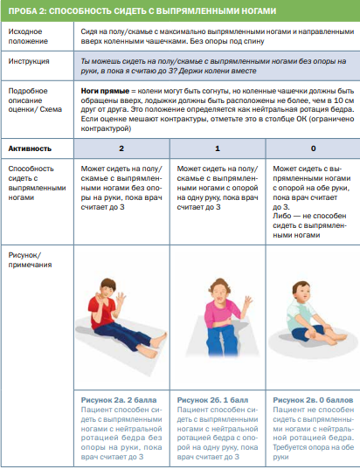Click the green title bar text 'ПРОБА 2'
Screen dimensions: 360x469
pos(26,11)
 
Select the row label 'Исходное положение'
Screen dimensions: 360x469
pos(28,36)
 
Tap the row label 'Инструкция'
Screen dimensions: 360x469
pos(29,61)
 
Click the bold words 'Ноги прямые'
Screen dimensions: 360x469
pos(105,91)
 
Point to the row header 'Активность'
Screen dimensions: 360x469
pos(30,148)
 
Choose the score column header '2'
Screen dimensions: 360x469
pos(121,148)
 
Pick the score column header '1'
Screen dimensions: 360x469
pos(218,148)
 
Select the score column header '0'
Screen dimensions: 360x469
pos(313,148)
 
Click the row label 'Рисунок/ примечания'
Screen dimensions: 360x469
pos(30,260)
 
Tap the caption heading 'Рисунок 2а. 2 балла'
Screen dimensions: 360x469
pos(119,400)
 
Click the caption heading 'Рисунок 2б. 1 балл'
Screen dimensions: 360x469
pos(212,400)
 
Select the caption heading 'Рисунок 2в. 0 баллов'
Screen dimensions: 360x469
pos(313,400)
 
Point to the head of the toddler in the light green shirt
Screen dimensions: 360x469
pos(301,291)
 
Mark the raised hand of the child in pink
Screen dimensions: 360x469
pos(248,302)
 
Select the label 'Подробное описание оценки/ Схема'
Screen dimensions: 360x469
pos(35,100)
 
